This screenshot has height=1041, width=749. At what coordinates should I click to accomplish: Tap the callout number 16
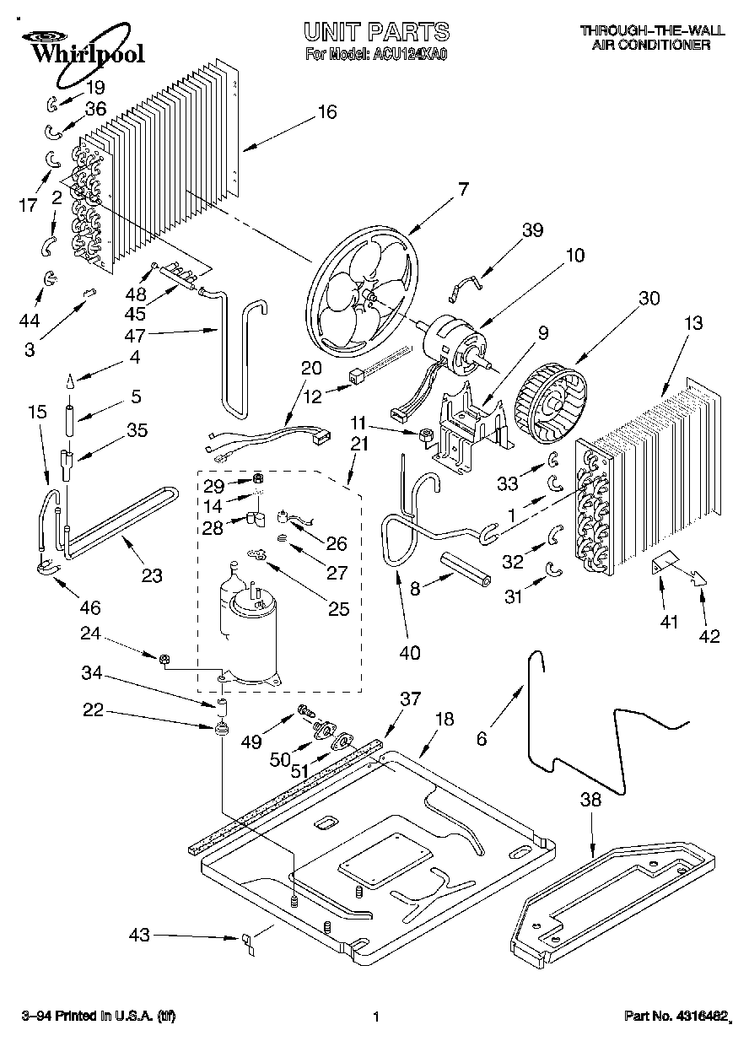pyautogui.click(x=327, y=112)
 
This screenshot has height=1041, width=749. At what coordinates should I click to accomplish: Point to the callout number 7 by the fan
pyautogui.click(x=463, y=189)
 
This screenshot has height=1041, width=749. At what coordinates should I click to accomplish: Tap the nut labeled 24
pyautogui.click(x=164, y=659)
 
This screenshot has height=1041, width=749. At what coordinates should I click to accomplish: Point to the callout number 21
pyautogui.click(x=359, y=445)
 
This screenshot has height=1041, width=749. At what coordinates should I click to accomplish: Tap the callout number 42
pyautogui.click(x=709, y=636)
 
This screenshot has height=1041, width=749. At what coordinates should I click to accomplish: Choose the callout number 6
pyautogui.click(x=482, y=738)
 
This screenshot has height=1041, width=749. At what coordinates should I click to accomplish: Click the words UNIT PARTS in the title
pyautogui.click(x=377, y=32)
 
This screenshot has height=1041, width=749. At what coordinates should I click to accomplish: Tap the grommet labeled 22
pyautogui.click(x=222, y=729)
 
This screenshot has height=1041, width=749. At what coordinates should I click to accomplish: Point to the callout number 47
pyautogui.click(x=134, y=335)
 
